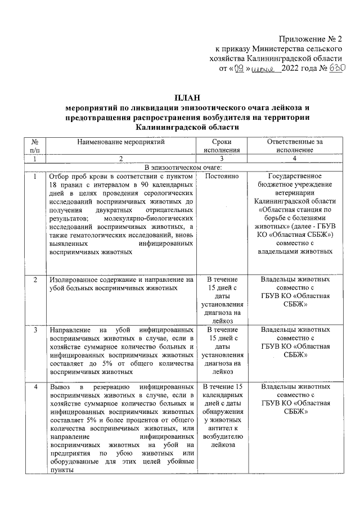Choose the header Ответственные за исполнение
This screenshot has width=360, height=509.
click(x=295, y=147)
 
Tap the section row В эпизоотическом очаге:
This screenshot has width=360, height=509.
click(x=183, y=168)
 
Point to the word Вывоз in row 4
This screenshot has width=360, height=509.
click(x=60, y=388)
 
